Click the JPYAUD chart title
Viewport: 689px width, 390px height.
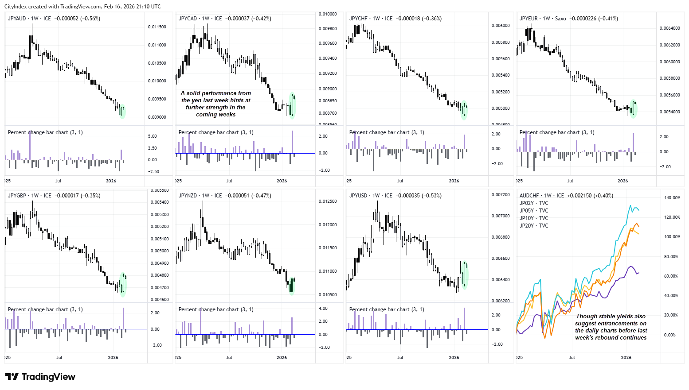(54, 19)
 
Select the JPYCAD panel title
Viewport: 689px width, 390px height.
(224, 19)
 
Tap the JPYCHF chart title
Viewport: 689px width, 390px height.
(395, 19)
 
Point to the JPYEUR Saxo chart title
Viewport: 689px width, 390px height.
(568, 19)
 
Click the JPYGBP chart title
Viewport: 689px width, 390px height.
(53, 196)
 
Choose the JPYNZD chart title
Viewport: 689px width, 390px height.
(224, 196)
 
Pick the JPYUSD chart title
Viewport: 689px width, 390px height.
(395, 196)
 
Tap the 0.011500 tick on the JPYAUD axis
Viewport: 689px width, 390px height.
(157, 27)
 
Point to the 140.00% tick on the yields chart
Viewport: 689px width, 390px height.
(672, 198)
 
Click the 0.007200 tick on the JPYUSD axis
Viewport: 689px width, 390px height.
(500, 195)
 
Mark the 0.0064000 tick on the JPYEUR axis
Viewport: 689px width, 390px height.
(669, 28)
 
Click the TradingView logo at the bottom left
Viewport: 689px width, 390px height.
(40, 377)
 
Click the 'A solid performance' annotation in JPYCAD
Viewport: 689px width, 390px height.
(216, 104)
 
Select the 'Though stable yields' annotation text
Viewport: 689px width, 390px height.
(611, 327)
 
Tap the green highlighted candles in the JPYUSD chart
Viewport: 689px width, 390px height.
(464, 275)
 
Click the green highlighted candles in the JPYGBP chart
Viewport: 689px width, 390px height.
(123, 284)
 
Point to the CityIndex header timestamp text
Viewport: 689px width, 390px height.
(82, 7)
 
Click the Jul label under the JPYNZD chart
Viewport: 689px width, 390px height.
(229, 358)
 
